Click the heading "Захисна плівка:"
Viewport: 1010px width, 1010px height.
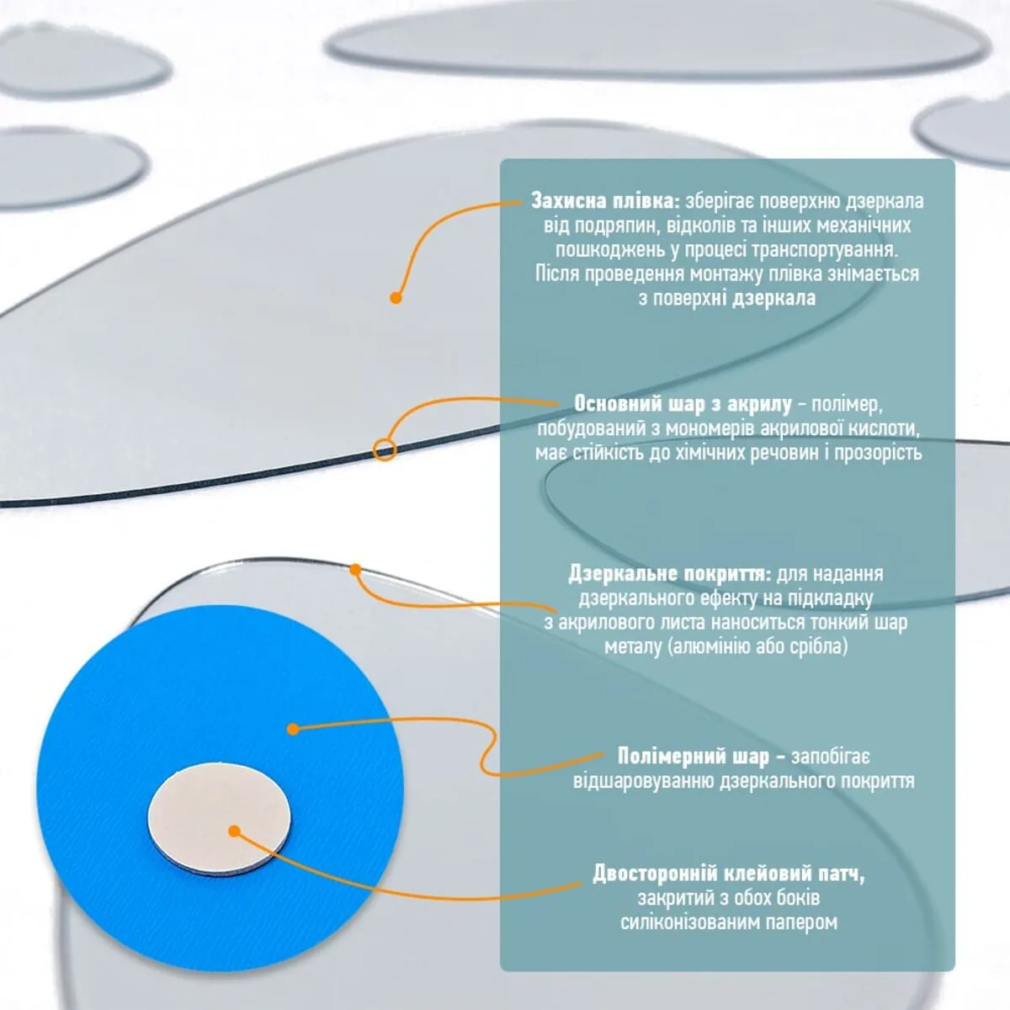(605, 201)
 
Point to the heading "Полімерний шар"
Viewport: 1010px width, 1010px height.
(694, 757)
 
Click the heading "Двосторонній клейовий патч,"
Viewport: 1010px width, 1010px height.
(729, 873)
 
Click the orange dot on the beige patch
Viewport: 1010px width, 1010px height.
(235, 832)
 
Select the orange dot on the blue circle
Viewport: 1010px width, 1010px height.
(294, 729)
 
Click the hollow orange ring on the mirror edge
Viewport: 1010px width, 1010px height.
(385, 449)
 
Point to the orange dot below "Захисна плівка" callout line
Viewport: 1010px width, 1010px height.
(396, 298)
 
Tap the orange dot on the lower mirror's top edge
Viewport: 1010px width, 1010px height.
(356, 569)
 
